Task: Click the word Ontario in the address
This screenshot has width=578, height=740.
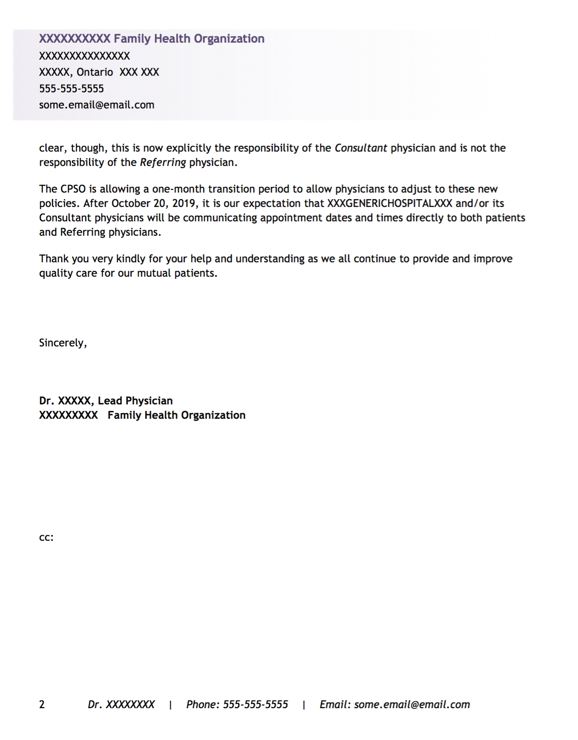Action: [95, 72]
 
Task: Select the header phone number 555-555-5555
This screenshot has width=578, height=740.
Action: [71, 89]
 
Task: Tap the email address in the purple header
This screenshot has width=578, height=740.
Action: [97, 105]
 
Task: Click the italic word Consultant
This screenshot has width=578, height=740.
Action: [360, 148]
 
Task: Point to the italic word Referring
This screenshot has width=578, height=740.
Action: [163, 163]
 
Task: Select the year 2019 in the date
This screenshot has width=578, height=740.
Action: [184, 204]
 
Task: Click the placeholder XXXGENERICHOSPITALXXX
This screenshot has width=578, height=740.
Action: [389, 204]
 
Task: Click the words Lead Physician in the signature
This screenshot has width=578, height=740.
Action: [135, 401]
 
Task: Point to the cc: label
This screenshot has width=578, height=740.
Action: [46, 537]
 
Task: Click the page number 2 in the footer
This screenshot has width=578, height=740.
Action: [42, 705]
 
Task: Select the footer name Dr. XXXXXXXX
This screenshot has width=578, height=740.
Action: [121, 705]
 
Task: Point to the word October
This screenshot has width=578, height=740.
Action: [131, 204]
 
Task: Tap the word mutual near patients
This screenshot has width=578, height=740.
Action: [154, 273]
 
